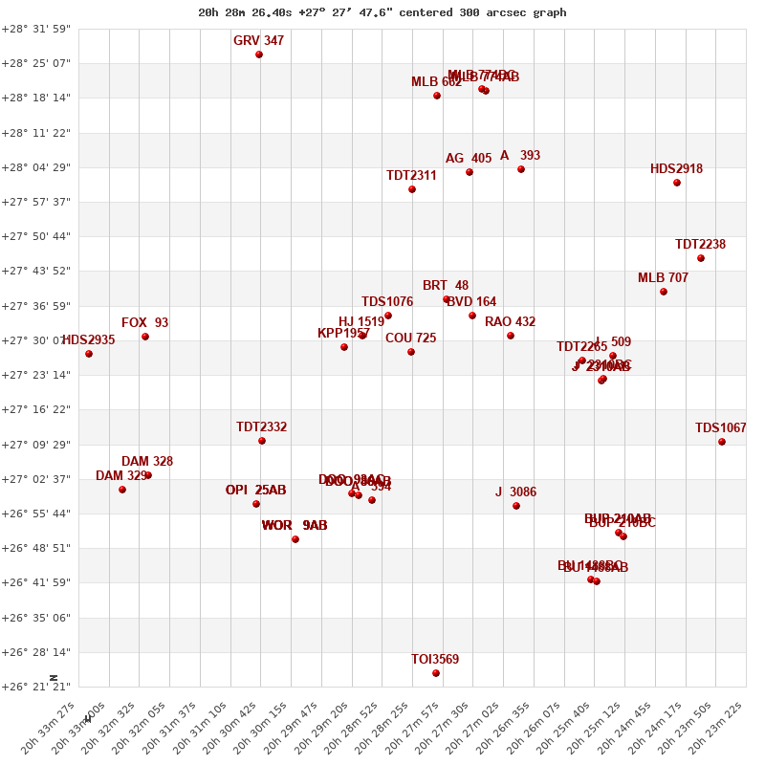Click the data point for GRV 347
[259, 55]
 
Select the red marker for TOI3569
[436, 673]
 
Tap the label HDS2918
[676, 169]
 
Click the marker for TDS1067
[722, 442]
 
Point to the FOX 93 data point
[145, 337]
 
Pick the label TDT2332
[261, 427]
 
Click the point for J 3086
[516, 506]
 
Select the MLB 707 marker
[664, 292]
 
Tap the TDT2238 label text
[700, 245]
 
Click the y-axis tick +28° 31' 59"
[36, 29]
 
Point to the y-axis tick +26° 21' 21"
[36, 687]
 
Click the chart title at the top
[382, 12]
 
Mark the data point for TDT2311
[412, 189]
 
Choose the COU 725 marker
[411, 352]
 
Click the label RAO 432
[510, 322]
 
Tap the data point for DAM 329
[122, 490]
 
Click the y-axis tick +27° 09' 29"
[36, 445]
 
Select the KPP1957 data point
[344, 347]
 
